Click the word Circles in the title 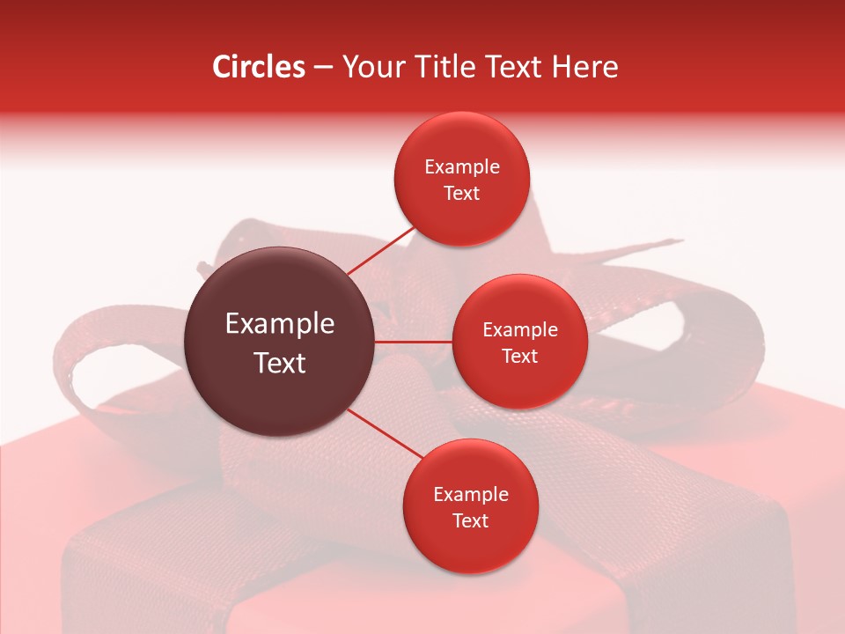point(259,67)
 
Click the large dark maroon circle point(280,342)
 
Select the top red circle point(461,179)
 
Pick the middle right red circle point(519,342)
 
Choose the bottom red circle point(470,506)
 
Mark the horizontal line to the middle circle point(414,342)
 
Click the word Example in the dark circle point(280,324)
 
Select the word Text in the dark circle point(280,363)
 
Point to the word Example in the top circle point(462,166)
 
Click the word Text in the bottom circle point(470,520)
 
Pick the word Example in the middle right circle point(520,329)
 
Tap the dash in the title point(323,68)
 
